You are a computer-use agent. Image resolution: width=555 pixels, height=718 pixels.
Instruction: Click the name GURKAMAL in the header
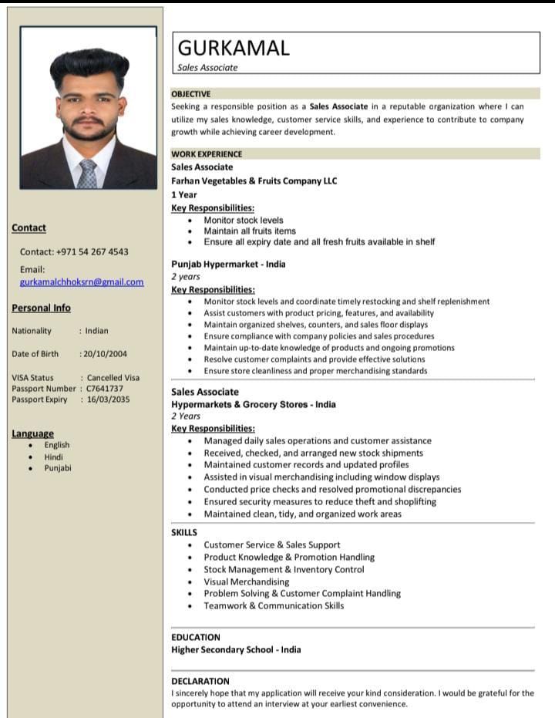(234, 48)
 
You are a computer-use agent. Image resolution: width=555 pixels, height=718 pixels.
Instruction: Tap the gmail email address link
(82, 282)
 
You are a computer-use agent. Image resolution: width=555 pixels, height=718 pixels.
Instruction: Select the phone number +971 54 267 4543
(92, 252)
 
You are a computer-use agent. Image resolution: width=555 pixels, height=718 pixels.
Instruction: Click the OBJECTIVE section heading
(190, 94)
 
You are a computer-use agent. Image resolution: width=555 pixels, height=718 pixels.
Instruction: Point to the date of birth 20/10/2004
(106, 354)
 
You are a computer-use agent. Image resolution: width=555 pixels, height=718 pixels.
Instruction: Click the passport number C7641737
(105, 389)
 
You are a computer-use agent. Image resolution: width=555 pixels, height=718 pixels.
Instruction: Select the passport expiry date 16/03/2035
(108, 399)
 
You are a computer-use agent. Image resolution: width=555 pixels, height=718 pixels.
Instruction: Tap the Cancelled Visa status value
(113, 378)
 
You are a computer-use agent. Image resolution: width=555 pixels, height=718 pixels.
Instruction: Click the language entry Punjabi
(58, 468)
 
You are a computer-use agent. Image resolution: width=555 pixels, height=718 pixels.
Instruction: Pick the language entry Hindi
(54, 457)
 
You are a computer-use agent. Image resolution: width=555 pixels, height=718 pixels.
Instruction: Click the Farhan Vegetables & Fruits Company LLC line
(254, 181)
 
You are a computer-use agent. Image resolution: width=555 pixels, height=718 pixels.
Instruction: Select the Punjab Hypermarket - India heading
(228, 265)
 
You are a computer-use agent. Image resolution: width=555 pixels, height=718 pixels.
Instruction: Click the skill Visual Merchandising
(247, 581)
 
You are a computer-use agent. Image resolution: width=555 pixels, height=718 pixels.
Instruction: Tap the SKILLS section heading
(184, 532)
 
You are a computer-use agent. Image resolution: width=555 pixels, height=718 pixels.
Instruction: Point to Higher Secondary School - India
(236, 649)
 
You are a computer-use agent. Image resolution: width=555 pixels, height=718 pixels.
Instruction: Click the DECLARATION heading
(200, 681)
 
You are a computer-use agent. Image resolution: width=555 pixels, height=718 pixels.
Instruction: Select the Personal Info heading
(41, 308)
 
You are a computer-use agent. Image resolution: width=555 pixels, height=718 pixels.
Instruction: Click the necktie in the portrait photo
(87, 174)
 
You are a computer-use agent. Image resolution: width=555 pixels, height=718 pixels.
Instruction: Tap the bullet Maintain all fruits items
(250, 231)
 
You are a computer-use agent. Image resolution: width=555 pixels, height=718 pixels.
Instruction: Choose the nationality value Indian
(96, 331)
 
